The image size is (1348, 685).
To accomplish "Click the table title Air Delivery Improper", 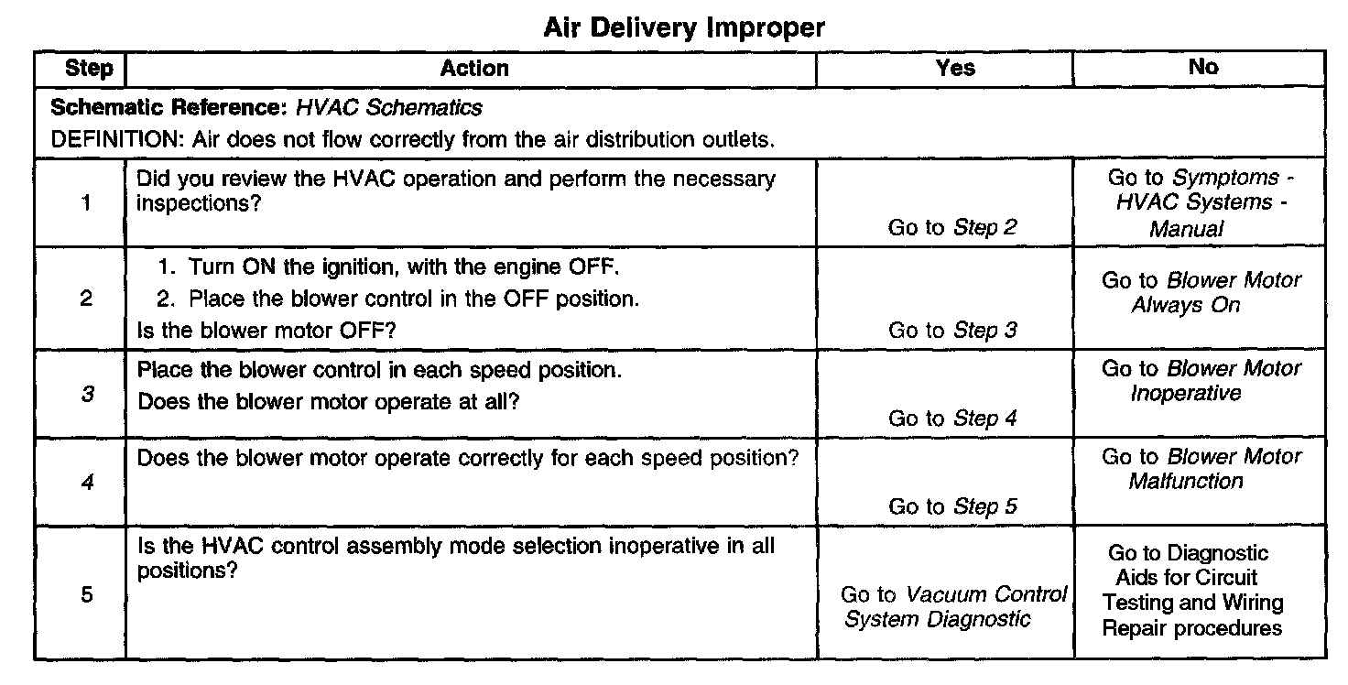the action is (x=684, y=28).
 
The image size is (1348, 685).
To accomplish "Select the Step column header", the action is (x=89, y=69).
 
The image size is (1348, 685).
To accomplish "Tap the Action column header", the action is (x=473, y=68).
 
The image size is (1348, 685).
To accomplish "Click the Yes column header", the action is (x=955, y=68).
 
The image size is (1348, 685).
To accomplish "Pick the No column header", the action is (x=1202, y=67).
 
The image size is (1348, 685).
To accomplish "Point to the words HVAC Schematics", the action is (x=388, y=108).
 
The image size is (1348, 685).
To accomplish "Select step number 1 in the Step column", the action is (x=86, y=202).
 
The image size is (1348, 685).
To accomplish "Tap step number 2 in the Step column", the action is (x=86, y=299).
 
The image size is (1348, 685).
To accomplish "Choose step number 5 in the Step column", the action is (x=87, y=595).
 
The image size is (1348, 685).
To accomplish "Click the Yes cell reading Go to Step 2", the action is (x=952, y=228).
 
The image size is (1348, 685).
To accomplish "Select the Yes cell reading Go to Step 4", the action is (x=952, y=419).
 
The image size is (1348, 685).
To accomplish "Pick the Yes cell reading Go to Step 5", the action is (x=952, y=506).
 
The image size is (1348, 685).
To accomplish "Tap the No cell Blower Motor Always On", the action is (x=1201, y=293).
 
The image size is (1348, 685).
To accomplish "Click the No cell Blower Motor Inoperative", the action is (x=1201, y=381).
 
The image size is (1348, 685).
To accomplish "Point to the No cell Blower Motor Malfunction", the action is (x=1201, y=469).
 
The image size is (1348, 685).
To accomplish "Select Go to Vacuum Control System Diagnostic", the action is (x=952, y=607).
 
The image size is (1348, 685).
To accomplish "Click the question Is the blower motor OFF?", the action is (x=266, y=331).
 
